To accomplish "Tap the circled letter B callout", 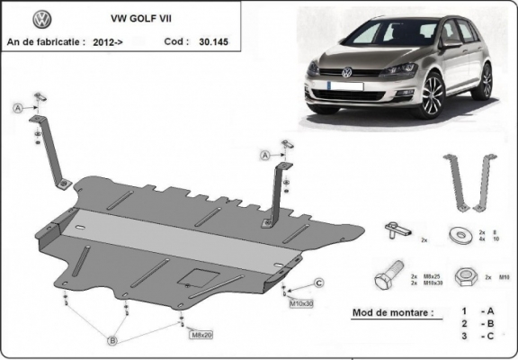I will [112, 339].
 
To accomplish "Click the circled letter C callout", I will [319, 284].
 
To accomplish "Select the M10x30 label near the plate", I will [301, 304].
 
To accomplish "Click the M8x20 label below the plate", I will [201, 335].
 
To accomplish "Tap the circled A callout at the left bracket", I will [17, 109].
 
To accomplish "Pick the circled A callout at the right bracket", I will [266, 156].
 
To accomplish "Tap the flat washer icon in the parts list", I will [464, 234].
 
